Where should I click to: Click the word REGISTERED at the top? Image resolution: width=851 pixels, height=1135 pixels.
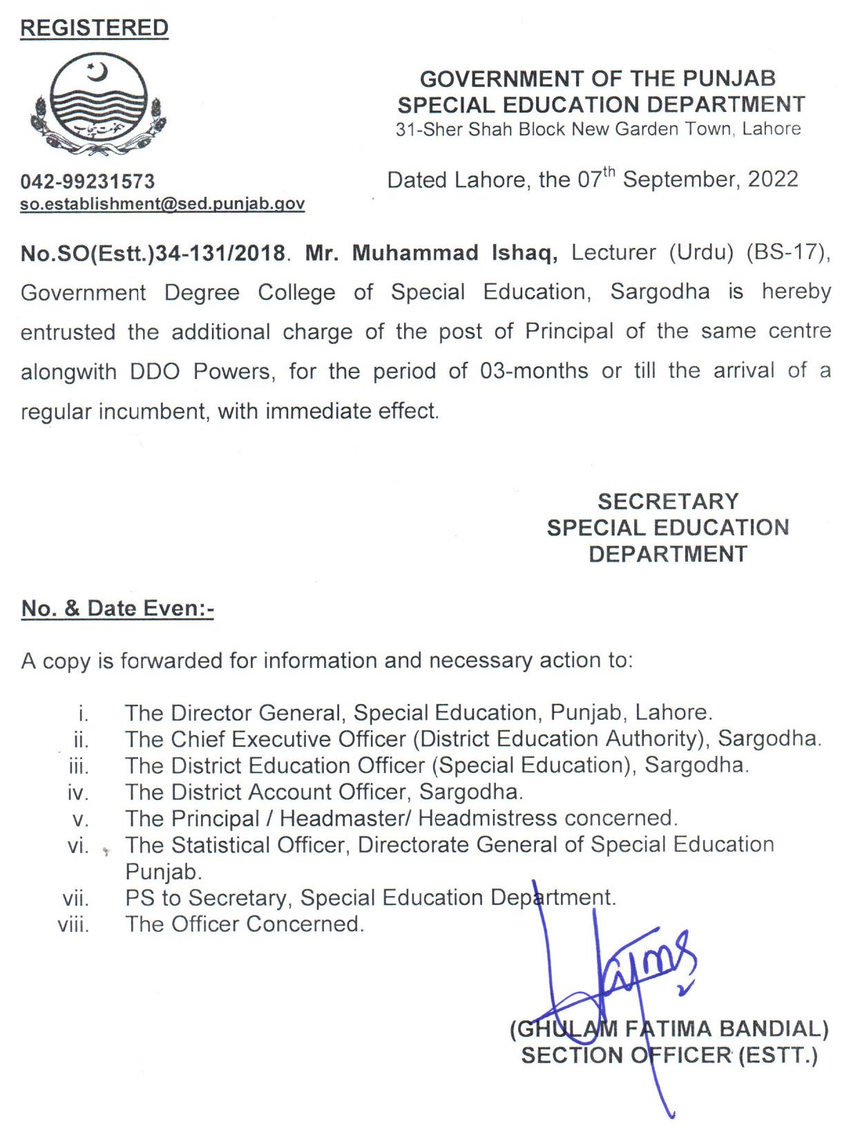[x=94, y=28]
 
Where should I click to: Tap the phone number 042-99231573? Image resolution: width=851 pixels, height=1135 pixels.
[x=88, y=182]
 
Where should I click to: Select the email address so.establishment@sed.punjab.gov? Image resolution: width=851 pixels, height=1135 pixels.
[x=162, y=204]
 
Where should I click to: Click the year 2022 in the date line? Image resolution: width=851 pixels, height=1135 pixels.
[x=773, y=180]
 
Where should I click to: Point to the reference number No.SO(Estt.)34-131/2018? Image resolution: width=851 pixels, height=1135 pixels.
[x=153, y=254]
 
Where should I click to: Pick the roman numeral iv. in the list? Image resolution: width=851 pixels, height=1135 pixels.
[x=79, y=793]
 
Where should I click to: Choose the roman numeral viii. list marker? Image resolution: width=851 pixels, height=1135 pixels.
[x=74, y=925]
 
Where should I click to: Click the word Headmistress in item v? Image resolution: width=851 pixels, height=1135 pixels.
[x=487, y=819]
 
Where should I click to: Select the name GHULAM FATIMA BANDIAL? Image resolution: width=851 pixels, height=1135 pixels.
[x=669, y=1029]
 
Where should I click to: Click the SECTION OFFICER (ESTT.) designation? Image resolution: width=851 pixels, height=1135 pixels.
[x=669, y=1056]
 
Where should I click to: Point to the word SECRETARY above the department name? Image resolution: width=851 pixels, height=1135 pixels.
[x=668, y=502]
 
